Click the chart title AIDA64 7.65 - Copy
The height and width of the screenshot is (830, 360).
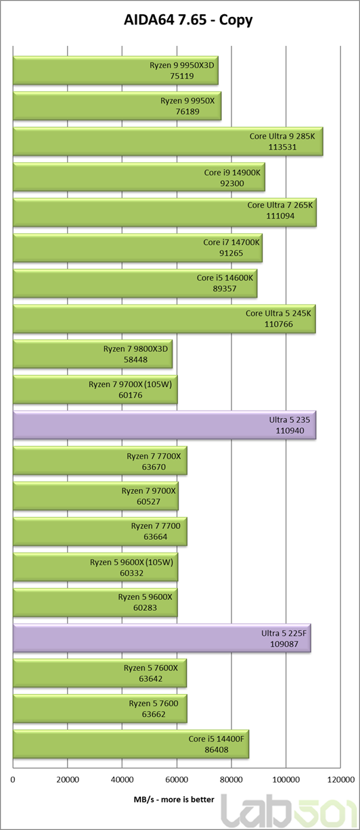pyautogui.click(x=188, y=20)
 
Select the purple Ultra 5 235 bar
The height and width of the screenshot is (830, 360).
pyautogui.click(x=164, y=425)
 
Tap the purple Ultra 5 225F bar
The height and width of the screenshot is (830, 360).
pyautogui.click(x=162, y=639)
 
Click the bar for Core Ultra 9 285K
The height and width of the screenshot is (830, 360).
pyautogui.click(x=168, y=141)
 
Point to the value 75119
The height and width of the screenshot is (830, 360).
pyautogui.click(x=181, y=76)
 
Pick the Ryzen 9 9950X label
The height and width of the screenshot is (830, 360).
pyautogui.click(x=187, y=101)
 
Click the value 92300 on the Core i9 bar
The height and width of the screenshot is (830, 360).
pyautogui.click(x=232, y=183)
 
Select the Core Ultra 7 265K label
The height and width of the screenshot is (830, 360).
pyautogui.click(x=280, y=205)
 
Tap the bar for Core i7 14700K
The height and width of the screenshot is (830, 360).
pyautogui.click(x=137, y=248)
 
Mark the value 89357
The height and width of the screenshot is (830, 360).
pyautogui.click(x=224, y=289)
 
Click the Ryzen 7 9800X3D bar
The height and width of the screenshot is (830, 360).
pyautogui.click(x=93, y=354)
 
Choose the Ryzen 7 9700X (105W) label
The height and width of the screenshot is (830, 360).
pyautogui.click(x=130, y=384)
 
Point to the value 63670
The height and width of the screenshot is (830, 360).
pyautogui.click(x=154, y=467)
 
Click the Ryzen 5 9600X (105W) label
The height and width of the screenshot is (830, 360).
pyautogui.click(x=131, y=562)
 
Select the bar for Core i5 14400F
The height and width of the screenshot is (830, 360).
pyautogui.click(x=131, y=744)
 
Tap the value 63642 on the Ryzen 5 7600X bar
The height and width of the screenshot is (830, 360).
pyautogui.click(x=150, y=679)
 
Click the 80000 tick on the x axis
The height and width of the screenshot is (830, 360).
pyautogui.click(x=231, y=780)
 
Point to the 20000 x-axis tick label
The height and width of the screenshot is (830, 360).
pyautogui.click(x=68, y=780)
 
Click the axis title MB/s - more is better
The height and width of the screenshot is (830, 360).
pyautogui.click(x=174, y=800)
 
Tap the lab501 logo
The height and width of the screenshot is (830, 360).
pyautogui.click(x=290, y=811)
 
